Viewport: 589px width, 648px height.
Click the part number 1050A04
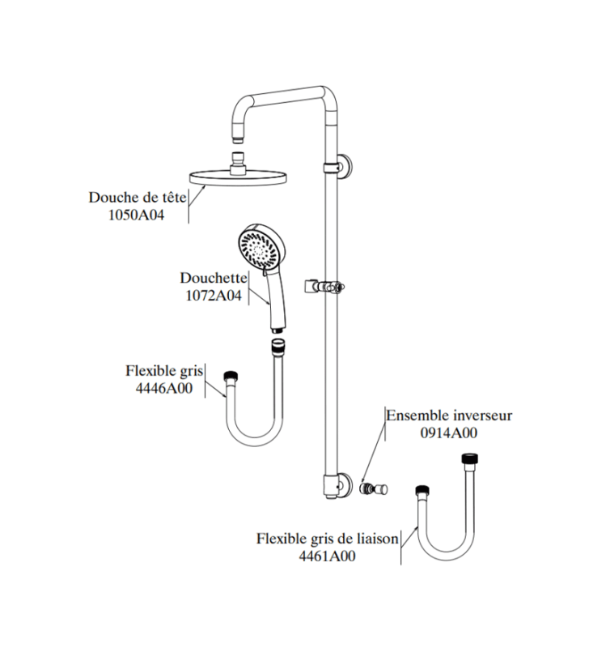coord(136,215)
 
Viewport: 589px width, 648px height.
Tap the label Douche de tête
coord(138,197)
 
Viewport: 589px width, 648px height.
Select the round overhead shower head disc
coord(238,178)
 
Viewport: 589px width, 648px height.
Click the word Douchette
coord(214,278)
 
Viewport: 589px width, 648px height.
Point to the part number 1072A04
coord(214,296)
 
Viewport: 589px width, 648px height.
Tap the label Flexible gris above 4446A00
coord(164,371)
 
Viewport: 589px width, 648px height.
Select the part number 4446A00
coord(164,389)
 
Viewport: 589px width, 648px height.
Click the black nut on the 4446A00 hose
coord(231,377)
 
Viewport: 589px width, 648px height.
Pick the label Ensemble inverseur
coord(449,416)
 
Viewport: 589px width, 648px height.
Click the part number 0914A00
coord(449,433)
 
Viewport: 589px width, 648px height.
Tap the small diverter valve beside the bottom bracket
coord(374,489)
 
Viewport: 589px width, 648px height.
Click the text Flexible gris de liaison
coord(328,539)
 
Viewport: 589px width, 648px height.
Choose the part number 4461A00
coord(327,556)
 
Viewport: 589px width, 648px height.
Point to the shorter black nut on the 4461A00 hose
coord(422,491)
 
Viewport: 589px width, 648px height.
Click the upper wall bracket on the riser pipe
coord(340,167)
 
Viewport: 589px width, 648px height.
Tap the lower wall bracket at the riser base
coord(337,485)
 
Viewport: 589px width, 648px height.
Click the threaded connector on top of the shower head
coord(238,163)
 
